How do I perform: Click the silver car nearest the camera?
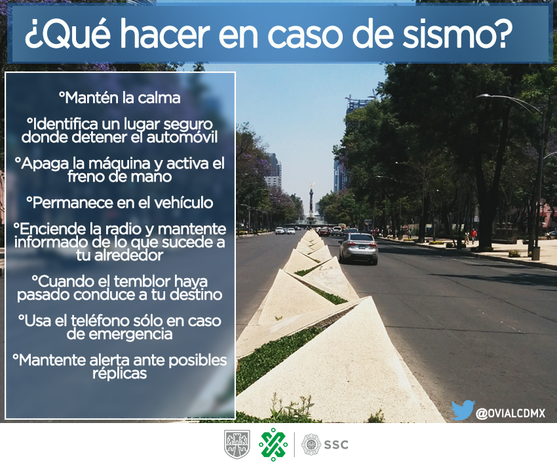(358, 247)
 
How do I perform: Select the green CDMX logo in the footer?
(273, 445)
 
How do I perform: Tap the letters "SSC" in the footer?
(336, 445)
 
